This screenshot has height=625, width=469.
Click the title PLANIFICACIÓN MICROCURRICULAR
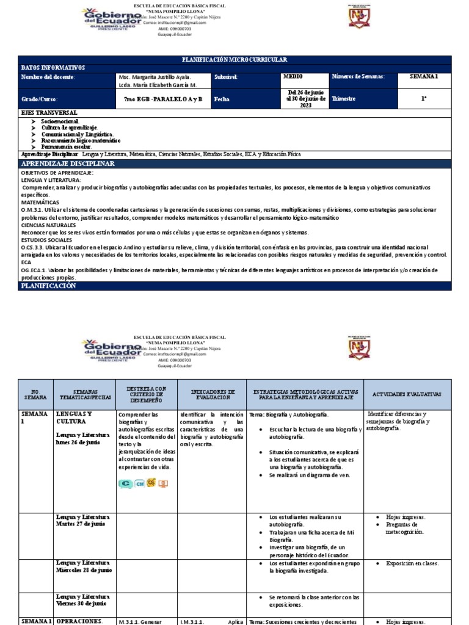pos(235,59)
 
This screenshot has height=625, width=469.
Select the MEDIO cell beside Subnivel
pos(293,77)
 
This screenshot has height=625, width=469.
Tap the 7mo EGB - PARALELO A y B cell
pos(162,98)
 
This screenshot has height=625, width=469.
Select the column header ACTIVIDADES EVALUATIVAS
pos(407,394)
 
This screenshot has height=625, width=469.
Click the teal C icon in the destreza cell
pos(126,483)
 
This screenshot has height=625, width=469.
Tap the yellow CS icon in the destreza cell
pos(151,483)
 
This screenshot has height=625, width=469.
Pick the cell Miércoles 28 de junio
pos(84,566)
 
